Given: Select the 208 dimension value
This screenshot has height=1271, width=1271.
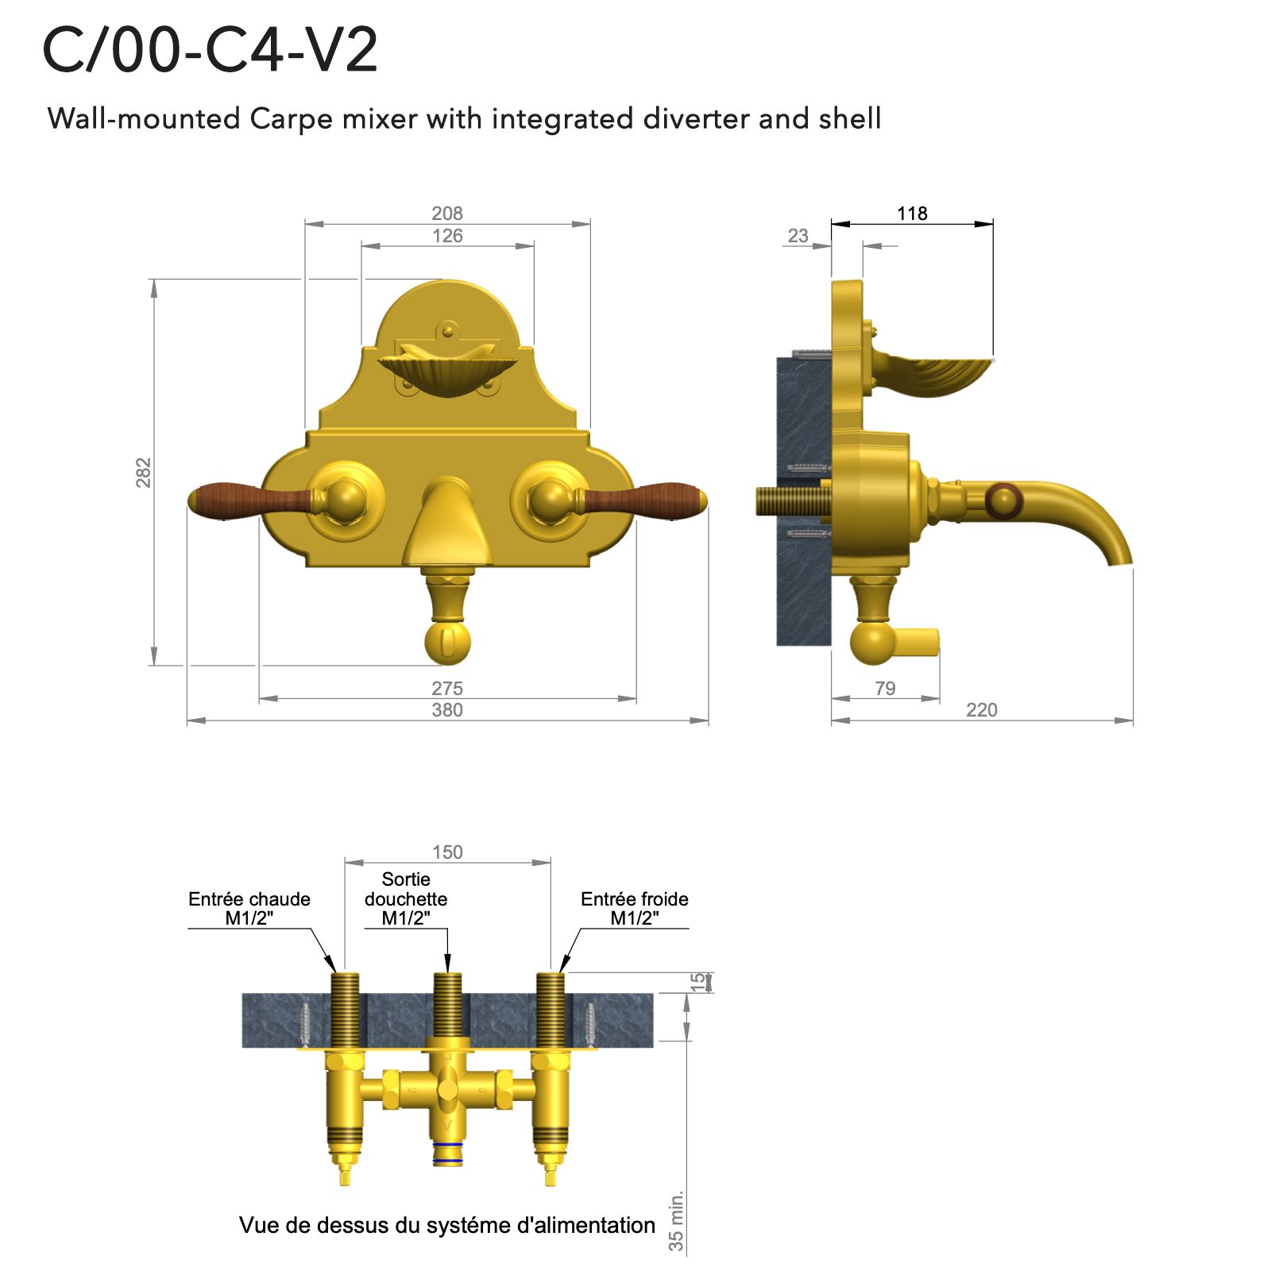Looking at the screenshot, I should (447, 213).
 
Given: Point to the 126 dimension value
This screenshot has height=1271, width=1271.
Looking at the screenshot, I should (447, 235).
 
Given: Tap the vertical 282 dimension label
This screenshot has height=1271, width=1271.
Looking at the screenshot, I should (143, 472).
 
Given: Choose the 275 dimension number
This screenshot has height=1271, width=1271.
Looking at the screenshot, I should (447, 688).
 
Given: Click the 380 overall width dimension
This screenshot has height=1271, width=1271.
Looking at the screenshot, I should (447, 709).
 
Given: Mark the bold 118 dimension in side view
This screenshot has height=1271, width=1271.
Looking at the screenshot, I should (912, 213).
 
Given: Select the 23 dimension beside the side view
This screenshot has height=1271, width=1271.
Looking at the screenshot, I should (798, 235).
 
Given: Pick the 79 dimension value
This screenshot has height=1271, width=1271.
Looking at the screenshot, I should (885, 688).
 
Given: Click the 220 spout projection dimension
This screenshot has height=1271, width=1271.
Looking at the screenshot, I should (982, 709).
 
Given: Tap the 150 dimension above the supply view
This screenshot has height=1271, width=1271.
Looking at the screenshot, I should (447, 852).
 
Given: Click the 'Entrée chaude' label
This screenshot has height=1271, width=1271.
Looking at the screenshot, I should (249, 899).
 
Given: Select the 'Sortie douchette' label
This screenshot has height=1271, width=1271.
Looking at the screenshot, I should (406, 889).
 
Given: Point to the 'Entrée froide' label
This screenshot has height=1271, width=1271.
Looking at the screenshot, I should (634, 899).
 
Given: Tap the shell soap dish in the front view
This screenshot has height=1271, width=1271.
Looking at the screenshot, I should (447, 372).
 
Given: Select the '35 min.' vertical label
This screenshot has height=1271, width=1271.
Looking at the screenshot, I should (676, 1221).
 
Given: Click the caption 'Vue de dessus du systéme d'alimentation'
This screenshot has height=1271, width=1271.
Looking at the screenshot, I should (447, 1225).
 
